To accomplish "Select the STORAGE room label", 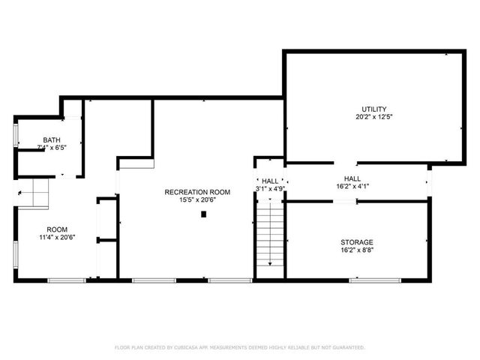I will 357,242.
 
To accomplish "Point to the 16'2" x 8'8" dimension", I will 357,251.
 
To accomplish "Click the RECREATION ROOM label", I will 197,192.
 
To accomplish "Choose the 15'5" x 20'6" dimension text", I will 197,200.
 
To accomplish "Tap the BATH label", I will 52,140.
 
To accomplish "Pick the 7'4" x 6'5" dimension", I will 52,148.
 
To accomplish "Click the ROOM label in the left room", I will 57,229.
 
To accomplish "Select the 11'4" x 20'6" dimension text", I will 57,238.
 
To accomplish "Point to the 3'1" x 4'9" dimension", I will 270,189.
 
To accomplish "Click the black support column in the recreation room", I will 203,214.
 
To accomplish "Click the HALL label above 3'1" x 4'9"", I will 270,181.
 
